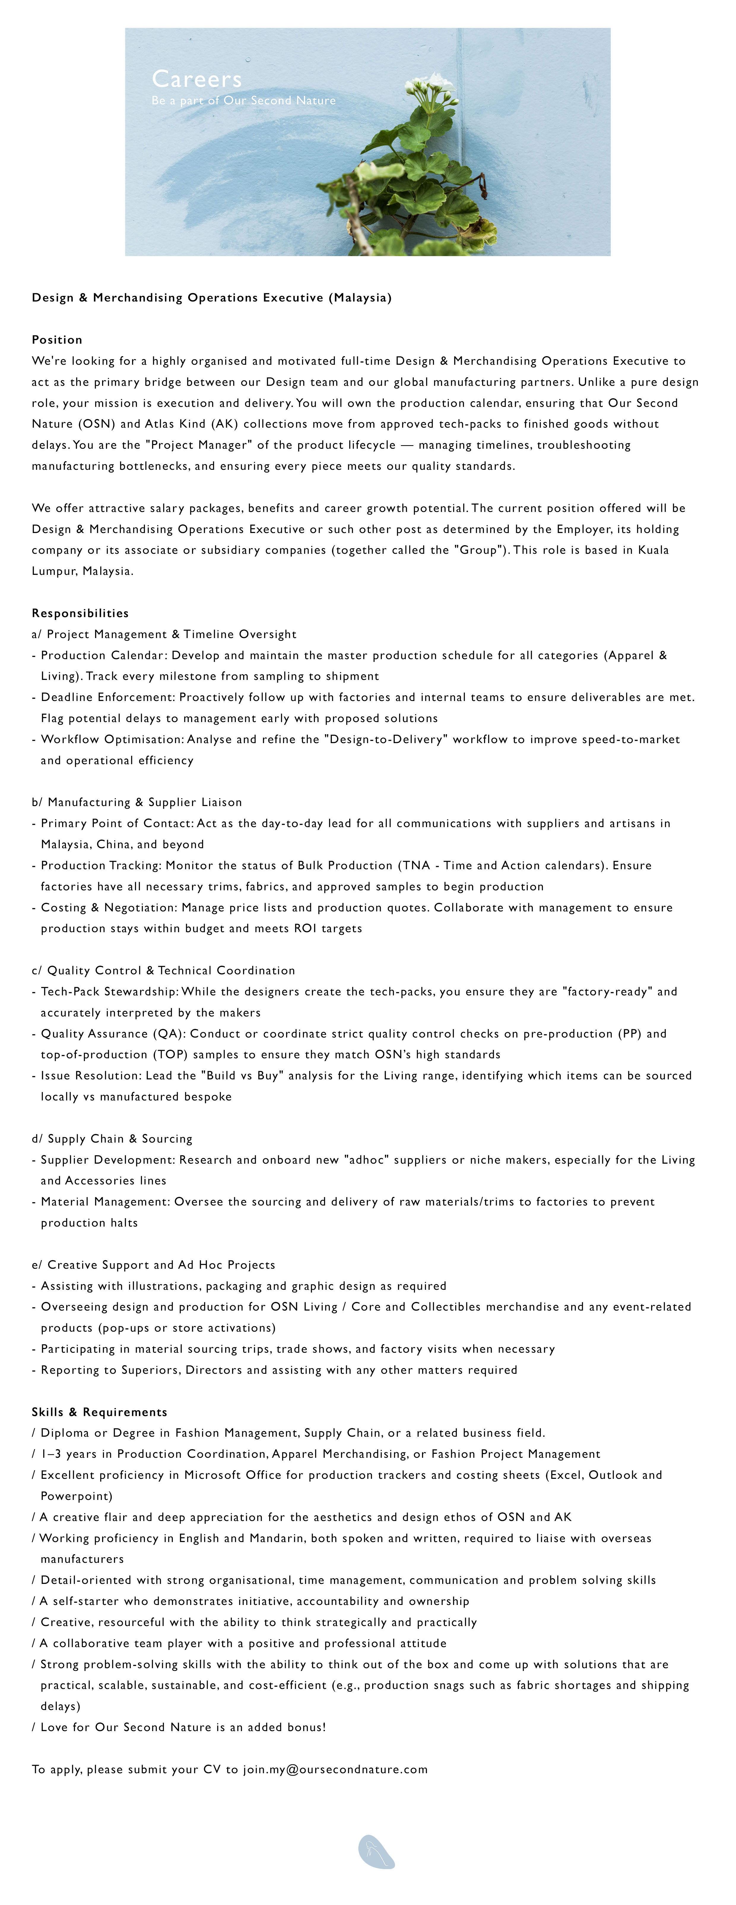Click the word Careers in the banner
tap(197, 79)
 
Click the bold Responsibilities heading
tap(80, 613)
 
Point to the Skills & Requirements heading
tap(99, 1412)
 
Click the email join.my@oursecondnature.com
tap(335, 1769)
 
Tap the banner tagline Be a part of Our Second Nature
tap(243, 101)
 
